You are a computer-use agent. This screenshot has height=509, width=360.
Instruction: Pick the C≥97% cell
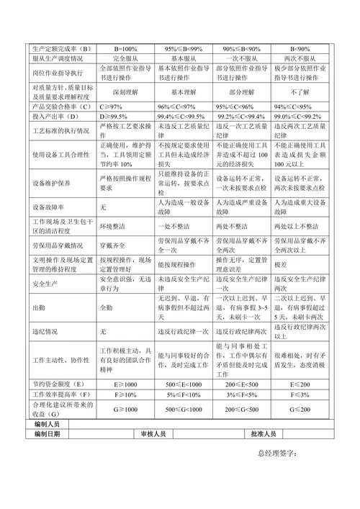click(x=112, y=107)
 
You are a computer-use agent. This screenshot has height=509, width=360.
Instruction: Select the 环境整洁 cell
click(x=112, y=225)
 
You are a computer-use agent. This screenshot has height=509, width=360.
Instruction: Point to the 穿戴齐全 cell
click(x=112, y=244)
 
